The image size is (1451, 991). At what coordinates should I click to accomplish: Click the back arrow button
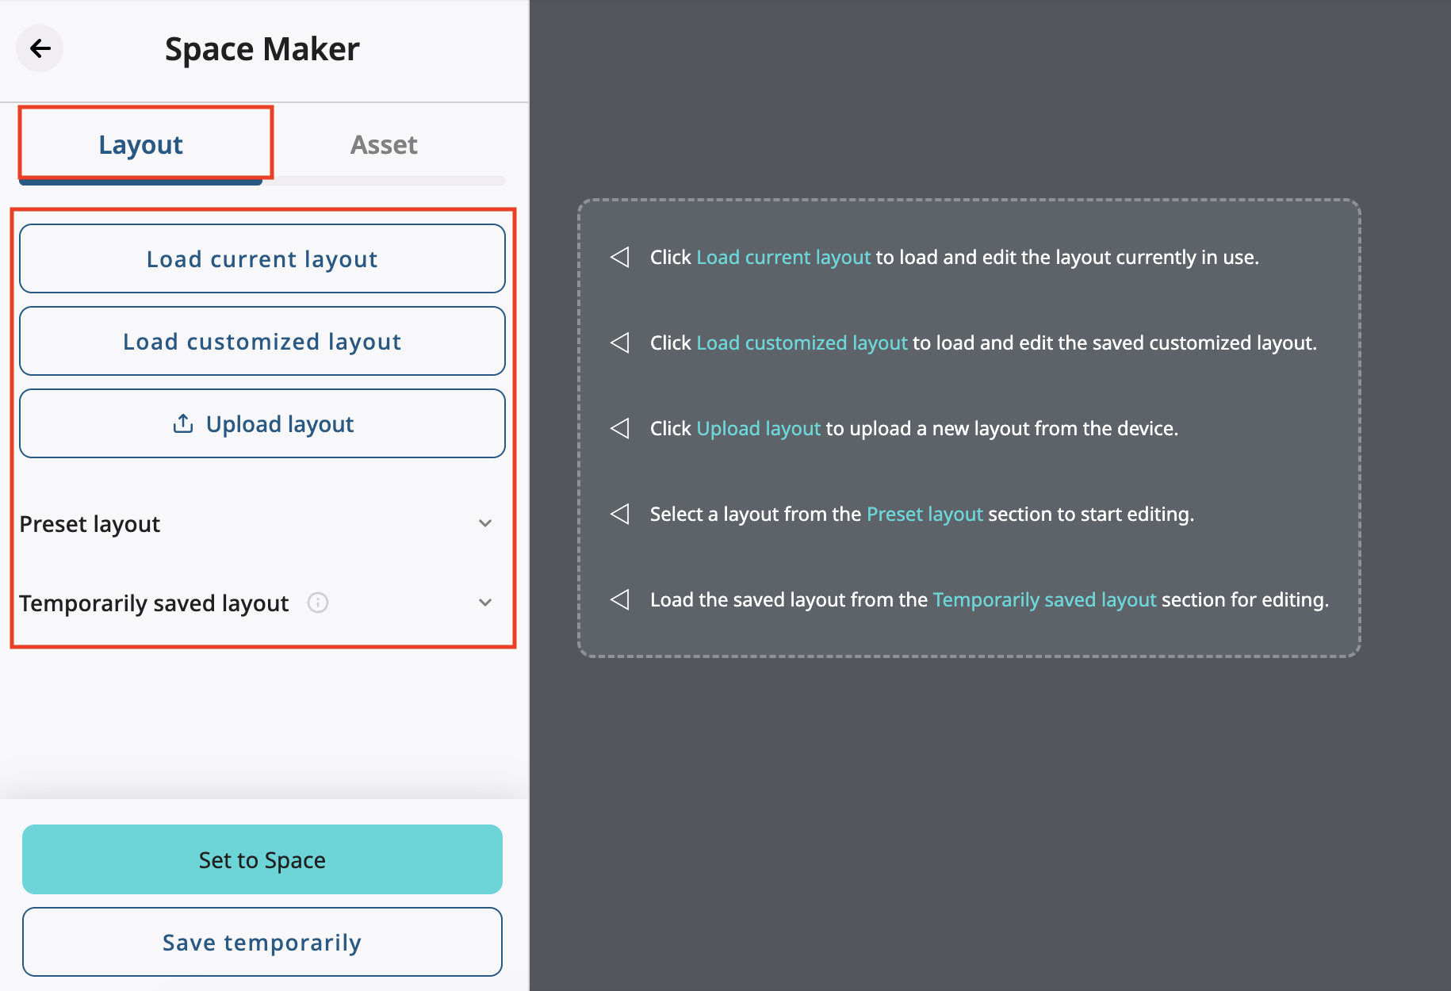tap(40, 48)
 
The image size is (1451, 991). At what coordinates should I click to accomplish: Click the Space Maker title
tap(262, 49)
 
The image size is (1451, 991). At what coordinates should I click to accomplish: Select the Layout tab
tap(141, 145)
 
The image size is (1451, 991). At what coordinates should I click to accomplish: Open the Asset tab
tap(384, 145)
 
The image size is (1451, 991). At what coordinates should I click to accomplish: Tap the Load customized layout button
tap(262, 342)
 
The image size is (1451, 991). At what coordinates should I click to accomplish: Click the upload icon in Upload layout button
tap(183, 424)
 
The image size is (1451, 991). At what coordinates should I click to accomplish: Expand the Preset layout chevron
tap(485, 523)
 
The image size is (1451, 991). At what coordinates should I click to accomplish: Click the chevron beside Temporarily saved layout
tap(485, 603)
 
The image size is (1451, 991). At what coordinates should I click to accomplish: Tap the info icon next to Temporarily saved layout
tap(318, 603)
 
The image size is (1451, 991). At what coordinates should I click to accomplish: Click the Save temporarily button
tap(262, 942)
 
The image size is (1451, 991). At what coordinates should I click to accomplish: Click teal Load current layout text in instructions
tap(783, 258)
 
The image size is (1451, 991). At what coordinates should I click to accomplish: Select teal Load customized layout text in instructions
tap(801, 343)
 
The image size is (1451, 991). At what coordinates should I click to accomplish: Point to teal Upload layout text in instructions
tap(757, 429)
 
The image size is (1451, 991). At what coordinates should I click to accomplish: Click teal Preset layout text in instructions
tap(924, 515)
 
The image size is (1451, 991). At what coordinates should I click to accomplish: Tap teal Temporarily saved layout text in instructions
tap(1043, 600)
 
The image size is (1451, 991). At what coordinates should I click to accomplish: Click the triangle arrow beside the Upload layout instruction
tap(620, 429)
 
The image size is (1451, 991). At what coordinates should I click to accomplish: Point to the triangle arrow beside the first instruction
tap(620, 258)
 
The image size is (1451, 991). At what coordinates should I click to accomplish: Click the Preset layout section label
tap(90, 524)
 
